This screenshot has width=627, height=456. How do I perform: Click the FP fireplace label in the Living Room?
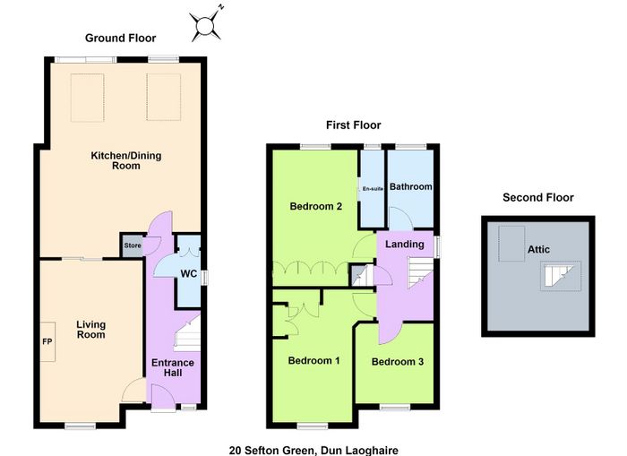pos(47,342)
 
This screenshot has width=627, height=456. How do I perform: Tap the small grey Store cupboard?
pos(132,245)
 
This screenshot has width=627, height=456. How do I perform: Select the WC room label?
pos(189,273)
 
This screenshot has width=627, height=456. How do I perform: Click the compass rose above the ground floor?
pos(206,25)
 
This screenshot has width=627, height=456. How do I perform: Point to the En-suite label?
pos(373,189)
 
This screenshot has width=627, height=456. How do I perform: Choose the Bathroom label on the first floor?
pos(410,187)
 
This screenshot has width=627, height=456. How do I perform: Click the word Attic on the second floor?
pos(538,249)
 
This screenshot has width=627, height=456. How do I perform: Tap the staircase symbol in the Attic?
pos(561,276)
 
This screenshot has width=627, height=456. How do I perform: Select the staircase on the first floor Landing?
pos(420,273)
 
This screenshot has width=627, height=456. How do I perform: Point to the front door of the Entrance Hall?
pos(164,396)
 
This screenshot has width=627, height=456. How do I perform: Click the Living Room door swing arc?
pos(133,390)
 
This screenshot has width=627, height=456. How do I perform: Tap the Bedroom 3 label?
pos(398,362)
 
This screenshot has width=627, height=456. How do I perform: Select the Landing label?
pos(405,244)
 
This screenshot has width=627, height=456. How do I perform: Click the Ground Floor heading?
pos(120,38)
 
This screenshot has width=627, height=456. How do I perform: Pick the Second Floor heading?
pos(538,197)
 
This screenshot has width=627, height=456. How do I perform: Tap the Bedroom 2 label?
pos(316,206)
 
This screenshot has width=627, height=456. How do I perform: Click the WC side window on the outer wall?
pos(204,278)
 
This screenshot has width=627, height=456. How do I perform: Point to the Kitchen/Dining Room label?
pos(126,160)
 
